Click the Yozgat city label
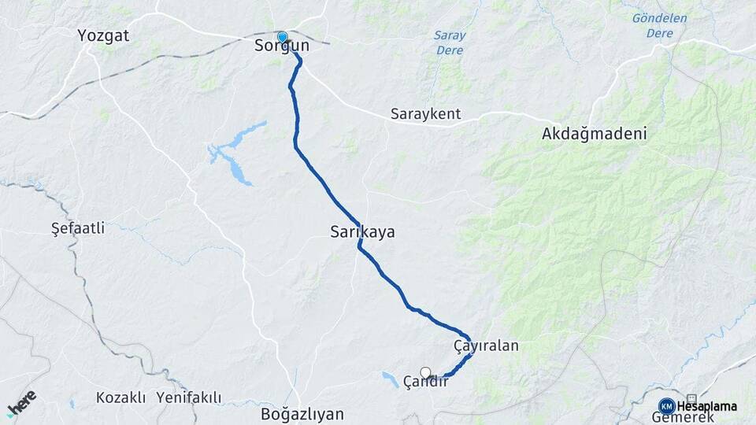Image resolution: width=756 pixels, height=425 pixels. [x=103, y=35]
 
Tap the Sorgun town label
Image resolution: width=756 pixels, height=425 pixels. [x=281, y=47]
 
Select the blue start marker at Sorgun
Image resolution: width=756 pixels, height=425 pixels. [x=282, y=36]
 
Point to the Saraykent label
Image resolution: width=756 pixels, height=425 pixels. [x=425, y=114]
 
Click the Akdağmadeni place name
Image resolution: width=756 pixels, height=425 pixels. [x=594, y=134]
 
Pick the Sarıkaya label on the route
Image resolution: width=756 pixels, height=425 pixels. [x=362, y=233]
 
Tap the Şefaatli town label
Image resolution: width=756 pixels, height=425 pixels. [x=77, y=228]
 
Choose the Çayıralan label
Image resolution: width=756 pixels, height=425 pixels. [x=486, y=346]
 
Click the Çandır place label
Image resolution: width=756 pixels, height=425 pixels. [x=425, y=382]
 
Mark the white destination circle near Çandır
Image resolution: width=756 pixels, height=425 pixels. [x=426, y=372]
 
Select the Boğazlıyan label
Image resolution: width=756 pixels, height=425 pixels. [x=303, y=413]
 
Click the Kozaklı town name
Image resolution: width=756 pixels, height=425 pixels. [x=121, y=397]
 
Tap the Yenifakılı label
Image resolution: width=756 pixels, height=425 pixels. [x=189, y=397]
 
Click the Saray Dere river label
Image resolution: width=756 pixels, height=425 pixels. [x=450, y=42]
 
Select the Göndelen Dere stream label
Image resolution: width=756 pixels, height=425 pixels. [x=659, y=26]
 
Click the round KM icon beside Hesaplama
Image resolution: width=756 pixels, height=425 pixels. [x=666, y=405]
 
